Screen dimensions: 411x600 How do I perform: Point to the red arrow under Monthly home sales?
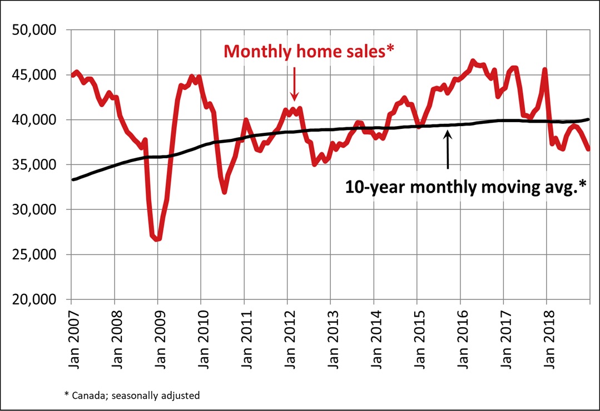[x=294, y=83]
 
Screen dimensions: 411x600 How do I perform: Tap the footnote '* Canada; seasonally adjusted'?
[x=132, y=395]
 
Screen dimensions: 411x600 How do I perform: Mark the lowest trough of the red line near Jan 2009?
[x=158, y=239]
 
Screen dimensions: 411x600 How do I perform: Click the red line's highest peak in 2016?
[x=473, y=61]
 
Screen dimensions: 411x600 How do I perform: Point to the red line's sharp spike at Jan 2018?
[x=545, y=69]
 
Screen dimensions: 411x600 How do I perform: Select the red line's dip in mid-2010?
[x=224, y=192]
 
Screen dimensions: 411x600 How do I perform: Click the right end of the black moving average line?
[x=588, y=119]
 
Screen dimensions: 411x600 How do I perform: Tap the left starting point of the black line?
[x=73, y=179]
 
